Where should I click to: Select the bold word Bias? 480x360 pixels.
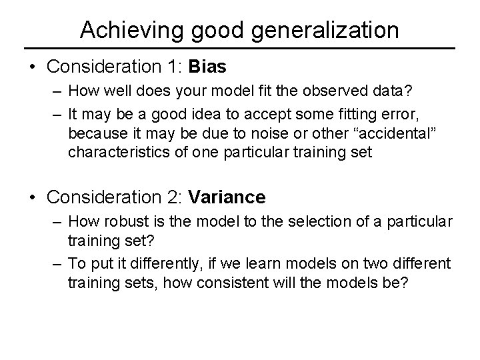click(207, 67)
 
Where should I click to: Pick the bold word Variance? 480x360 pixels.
click(227, 197)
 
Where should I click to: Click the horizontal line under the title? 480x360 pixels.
click(239, 49)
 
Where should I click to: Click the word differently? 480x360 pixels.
click(161, 265)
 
